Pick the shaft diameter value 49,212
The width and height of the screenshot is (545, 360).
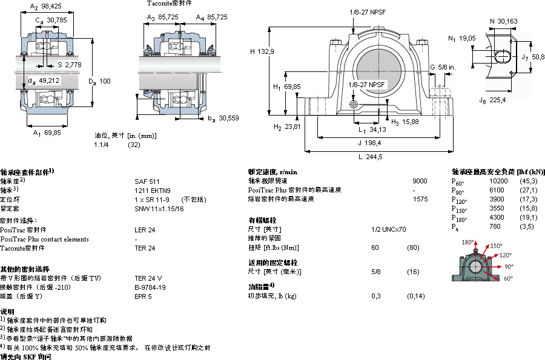[49, 80]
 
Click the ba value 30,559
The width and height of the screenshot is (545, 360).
[229, 118]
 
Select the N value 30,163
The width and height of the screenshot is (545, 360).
[507, 21]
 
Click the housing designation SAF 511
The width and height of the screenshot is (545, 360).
[147, 181]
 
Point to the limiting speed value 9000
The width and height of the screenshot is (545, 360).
[420, 181]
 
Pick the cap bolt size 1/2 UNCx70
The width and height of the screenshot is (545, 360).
[389, 229]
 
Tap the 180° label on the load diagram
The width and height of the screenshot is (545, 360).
[467, 242]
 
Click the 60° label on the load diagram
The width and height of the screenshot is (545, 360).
[507, 278]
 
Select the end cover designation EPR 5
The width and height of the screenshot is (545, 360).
[143, 296]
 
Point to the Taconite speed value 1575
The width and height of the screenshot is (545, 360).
[420, 199]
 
